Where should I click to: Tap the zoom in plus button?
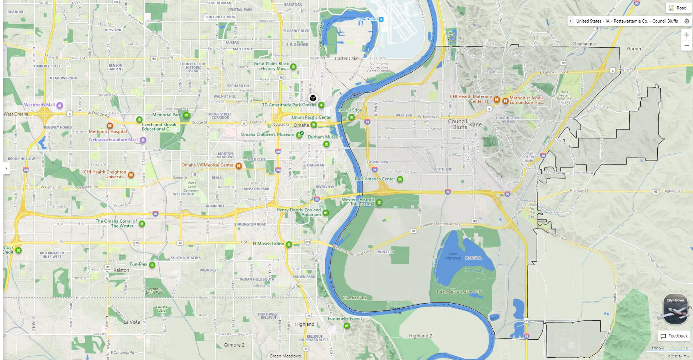(x=686, y=35)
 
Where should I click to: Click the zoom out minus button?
(x=686, y=46)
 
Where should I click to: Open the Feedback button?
(x=674, y=336)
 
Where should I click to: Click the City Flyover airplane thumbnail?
(x=676, y=309)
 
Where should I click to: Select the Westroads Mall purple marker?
(x=60, y=105)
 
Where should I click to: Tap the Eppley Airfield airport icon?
(x=381, y=19)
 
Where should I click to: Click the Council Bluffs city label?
(x=458, y=124)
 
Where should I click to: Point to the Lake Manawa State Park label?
(x=459, y=292)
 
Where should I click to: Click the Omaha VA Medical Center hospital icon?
(x=239, y=166)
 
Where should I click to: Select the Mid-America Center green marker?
(x=400, y=179)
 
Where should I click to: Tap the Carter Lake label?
(x=346, y=59)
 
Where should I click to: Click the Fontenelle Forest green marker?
(x=347, y=325)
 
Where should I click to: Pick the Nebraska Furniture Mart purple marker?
(x=143, y=140)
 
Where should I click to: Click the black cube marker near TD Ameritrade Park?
(x=312, y=98)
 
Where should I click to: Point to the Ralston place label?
(x=121, y=270)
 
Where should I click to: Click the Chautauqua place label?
(x=584, y=44)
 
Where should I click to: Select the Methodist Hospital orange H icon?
(x=109, y=126)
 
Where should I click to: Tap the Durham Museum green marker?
(x=326, y=144)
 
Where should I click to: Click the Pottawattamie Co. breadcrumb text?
(x=630, y=21)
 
